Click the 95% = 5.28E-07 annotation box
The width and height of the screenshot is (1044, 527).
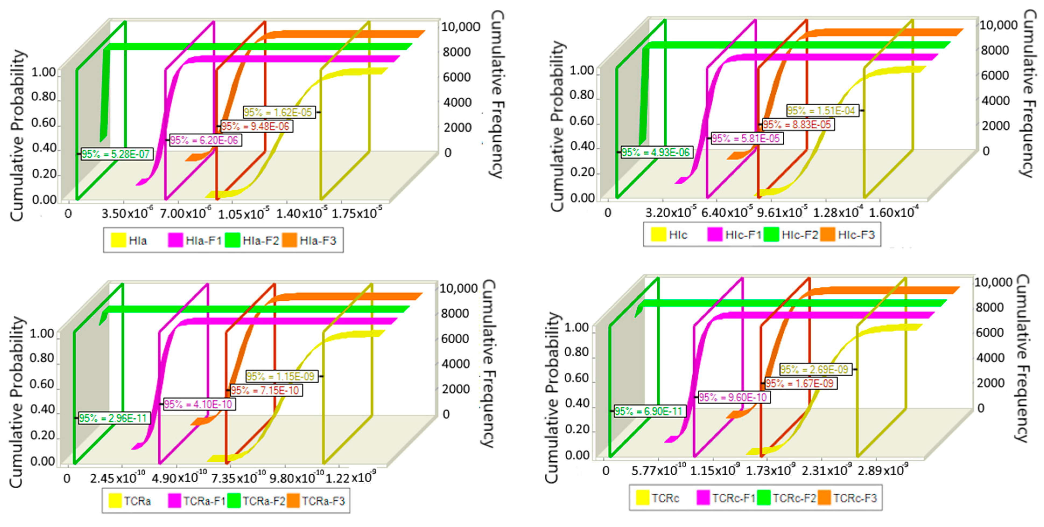tap(116, 154)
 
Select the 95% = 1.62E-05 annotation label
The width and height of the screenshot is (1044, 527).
tap(279, 112)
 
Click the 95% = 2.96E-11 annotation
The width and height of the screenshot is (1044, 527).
tap(113, 418)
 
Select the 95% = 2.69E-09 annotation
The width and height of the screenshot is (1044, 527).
tap(815, 369)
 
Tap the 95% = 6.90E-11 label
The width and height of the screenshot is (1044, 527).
tap(649, 411)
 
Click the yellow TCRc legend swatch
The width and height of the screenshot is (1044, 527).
tap(642, 498)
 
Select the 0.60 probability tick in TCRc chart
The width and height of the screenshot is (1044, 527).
tap(577, 378)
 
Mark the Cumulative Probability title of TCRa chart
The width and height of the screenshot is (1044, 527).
tap(16, 401)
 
